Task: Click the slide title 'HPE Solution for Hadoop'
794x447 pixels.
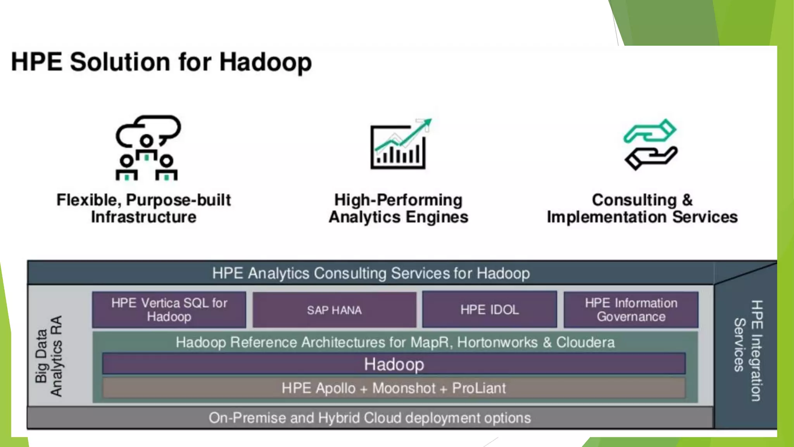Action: click(161, 62)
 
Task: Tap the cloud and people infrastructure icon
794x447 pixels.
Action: click(147, 147)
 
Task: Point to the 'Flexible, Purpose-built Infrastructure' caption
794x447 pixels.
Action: click(143, 208)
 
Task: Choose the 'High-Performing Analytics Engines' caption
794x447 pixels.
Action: click(399, 208)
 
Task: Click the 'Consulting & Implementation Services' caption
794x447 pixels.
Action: click(642, 208)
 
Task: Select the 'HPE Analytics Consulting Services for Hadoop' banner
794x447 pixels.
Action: click(371, 273)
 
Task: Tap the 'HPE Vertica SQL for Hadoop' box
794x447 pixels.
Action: click(169, 310)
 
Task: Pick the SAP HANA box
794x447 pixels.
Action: click(334, 310)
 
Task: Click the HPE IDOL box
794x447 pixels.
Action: click(489, 310)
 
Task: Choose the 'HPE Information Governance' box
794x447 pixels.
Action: click(631, 310)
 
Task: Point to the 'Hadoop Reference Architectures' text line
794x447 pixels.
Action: click(395, 342)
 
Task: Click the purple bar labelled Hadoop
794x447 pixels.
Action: click(394, 364)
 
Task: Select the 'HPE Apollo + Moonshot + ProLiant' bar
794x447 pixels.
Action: click(394, 388)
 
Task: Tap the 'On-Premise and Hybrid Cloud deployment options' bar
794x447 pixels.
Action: click(370, 418)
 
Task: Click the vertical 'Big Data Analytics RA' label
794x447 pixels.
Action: click(49, 356)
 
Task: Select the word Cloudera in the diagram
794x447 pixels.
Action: click(585, 342)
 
